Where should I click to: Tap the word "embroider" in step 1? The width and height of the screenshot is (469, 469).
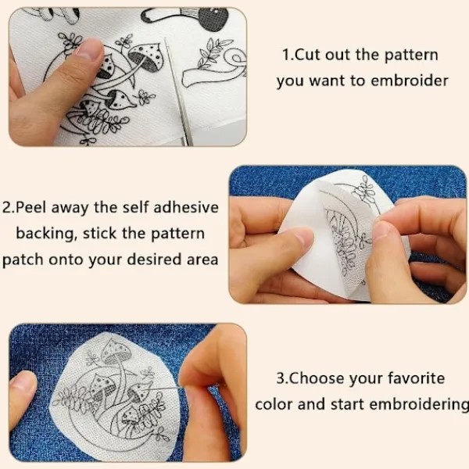pyautogui.click(x=410, y=81)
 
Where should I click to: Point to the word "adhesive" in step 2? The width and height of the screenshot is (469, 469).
pyautogui.click(x=186, y=208)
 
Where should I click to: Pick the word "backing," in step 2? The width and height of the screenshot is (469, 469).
pyautogui.click(x=45, y=234)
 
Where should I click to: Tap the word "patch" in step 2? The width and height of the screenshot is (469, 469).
pyautogui.click(x=23, y=260)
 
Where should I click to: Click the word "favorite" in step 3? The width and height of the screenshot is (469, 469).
pyautogui.click(x=416, y=378)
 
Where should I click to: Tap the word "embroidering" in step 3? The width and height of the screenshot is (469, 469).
pyautogui.click(x=419, y=405)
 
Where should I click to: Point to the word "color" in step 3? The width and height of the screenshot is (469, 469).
pyautogui.click(x=274, y=405)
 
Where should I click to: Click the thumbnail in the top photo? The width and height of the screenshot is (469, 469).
pyautogui.click(x=89, y=49)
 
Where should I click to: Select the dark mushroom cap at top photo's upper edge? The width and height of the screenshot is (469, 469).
pyautogui.click(x=213, y=18)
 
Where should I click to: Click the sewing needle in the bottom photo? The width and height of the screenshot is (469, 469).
pyautogui.click(x=159, y=389)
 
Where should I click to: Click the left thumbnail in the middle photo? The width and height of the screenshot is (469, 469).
pyautogui.click(x=300, y=236)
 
